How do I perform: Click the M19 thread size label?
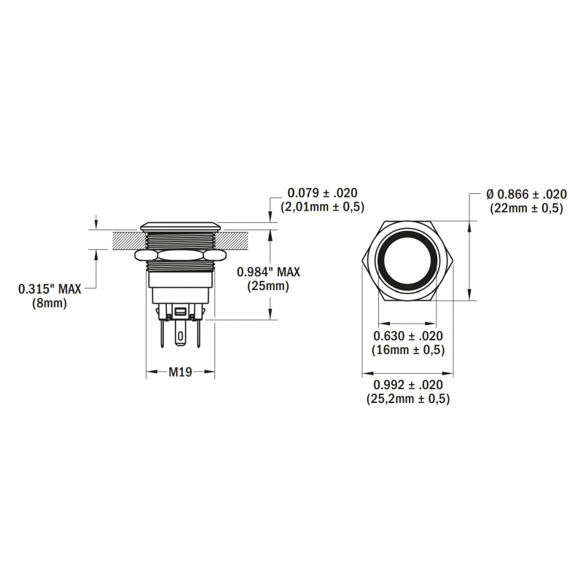click(180, 372)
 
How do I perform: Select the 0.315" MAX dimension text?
click(50, 290)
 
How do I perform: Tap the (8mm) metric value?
click(50, 305)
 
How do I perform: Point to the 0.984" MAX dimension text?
click(269, 272)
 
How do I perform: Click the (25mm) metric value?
click(269, 286)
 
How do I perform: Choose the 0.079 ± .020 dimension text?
click(322, 193)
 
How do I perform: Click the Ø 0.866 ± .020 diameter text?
click(526, 195)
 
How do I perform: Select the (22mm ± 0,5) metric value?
click(526, 208)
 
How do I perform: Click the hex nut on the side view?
click(180, 256)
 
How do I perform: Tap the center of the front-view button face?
click(407, 260)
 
